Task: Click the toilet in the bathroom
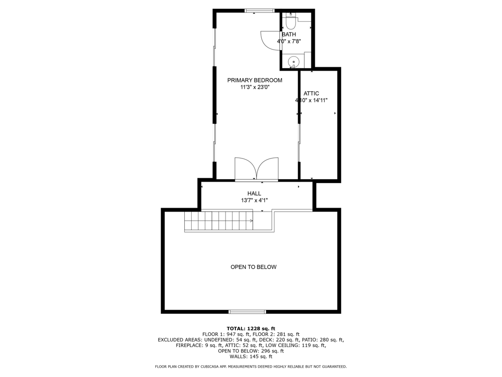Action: pos(291,22)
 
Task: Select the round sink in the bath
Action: pos(293,61)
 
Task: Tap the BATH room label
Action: pos(289,34)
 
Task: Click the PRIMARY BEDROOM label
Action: pos(255,80)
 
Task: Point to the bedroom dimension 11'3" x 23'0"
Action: pos(255,87)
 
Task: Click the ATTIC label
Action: pos(311,93)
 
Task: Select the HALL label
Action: pos(254,193)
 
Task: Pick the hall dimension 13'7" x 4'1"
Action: pos(254,200)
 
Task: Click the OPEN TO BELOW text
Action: pos(253,267)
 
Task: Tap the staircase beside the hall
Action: pos(219,221)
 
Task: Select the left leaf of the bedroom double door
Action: pos(245,168)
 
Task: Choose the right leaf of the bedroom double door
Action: pos(268,168)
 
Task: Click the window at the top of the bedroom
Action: pos(259,11)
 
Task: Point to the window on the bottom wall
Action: pos(247,312)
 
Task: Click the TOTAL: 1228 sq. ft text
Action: pos(251,328)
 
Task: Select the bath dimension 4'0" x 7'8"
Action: pos(289,41)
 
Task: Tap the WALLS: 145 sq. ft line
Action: pos(251,356)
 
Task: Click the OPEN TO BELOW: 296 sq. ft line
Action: pos(251,351)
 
